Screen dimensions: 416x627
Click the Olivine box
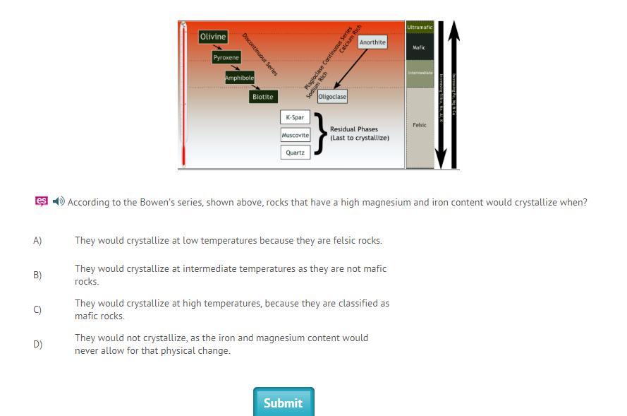[x=213, y=37]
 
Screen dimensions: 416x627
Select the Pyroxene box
[x=226, y=58]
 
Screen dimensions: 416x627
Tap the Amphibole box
[x=239, y=78]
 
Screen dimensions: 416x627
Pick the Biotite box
[x=262, y=97]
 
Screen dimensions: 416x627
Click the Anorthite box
[x=372, y=42]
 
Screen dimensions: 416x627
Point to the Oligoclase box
[x=331, y=97]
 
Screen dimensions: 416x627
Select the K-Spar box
[x=295, y=117]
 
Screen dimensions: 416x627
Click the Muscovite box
[x=295, y=135]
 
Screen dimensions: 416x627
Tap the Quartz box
[x=295, y=153]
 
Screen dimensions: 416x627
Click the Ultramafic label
[x=420, y=28]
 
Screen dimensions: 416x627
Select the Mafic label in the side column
[x=420, y=48]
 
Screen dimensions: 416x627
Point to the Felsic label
[x=420, y=125]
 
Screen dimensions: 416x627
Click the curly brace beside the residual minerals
[x=321, y=133]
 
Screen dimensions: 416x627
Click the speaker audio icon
[x=59, y=202]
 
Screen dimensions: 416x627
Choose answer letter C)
[x=37, y=310]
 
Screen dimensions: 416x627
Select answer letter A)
[x=37, y=241]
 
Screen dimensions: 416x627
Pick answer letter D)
[x=37, y=345]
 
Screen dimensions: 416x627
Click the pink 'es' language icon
[x=42, y=202]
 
